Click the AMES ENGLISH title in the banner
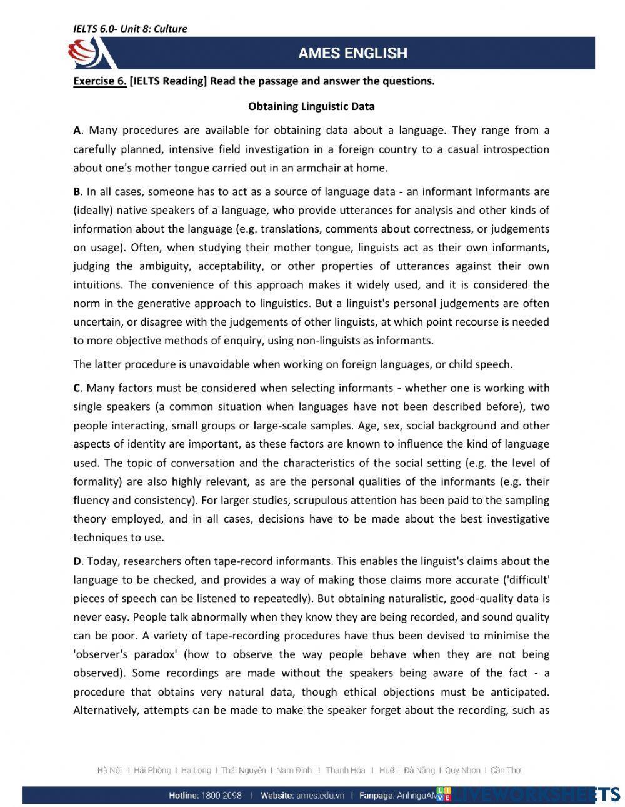tap(352, 53)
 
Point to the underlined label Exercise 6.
tap(99, 81)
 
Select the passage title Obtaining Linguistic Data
tap(311, 106)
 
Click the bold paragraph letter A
tap(77, 131)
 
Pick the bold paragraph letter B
tap(77, 191)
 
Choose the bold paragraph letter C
tap(77, 388)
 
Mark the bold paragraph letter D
tap(77, 561)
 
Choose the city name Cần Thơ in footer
tap(506, 771)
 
